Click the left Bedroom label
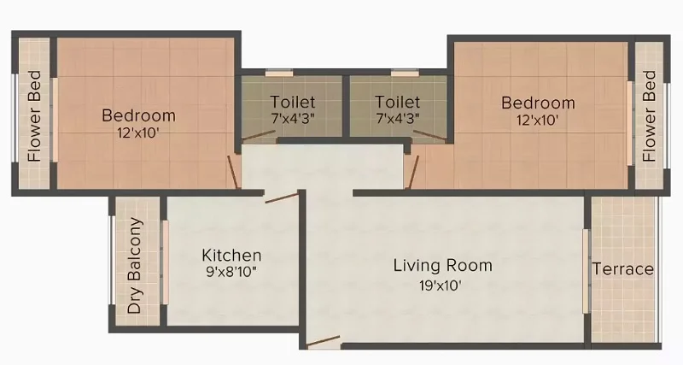point(139,115)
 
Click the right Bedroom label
point(538,103)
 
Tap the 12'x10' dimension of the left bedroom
point(137,132)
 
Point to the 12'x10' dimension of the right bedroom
point(538,120)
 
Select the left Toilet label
point(293,102)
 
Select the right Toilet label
point(398,102)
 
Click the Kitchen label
point(231,255)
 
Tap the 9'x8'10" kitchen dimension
point(231,272)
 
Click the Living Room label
point(443,266)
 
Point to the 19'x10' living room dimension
point(441,286)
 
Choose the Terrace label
point(623,269)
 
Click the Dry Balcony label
point(135,265)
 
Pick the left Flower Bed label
point(34,116)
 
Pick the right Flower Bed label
point(649,116)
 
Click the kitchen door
point(282,198)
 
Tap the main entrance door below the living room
point(323,340)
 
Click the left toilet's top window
point(279,74)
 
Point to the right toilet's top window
point(405,74)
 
